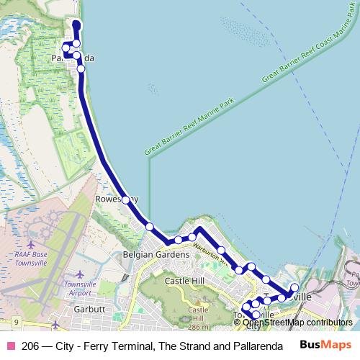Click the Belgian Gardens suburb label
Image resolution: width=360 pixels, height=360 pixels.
tap(156, 254)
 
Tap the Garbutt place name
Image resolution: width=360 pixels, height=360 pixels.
tap(90, 308)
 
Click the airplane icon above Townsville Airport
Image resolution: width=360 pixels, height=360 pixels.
tap(79, 275)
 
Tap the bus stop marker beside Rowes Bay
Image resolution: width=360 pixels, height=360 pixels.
tap(125, 199)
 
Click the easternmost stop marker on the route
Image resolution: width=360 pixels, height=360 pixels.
tap(294, 289)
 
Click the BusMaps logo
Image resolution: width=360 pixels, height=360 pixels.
tap(326, 346)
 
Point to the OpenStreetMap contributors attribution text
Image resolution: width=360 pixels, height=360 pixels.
tap(297, 323)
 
